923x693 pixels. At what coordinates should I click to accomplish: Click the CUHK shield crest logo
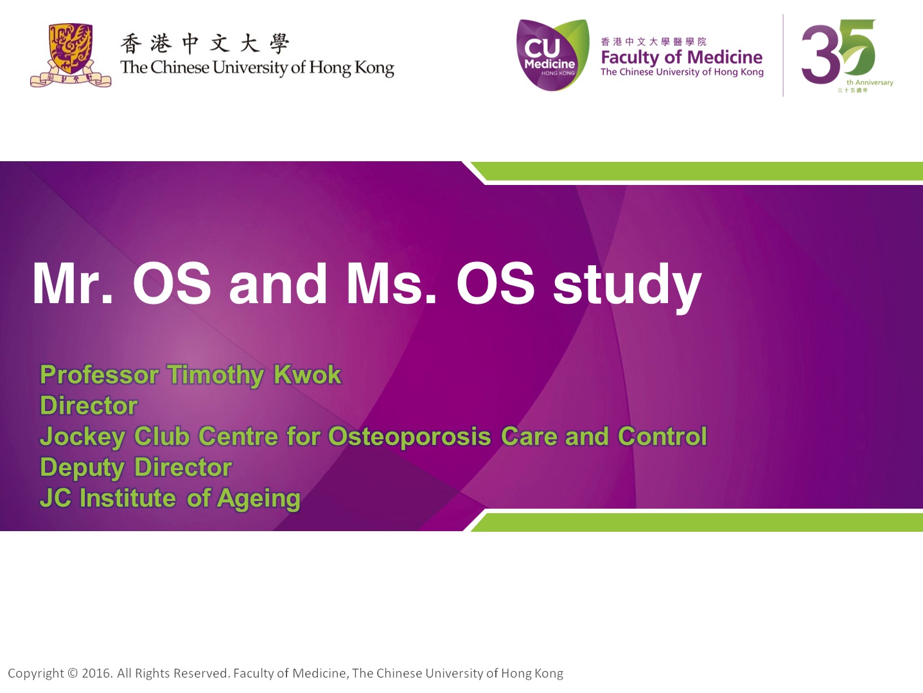pyautogui.click(x=71, y=55)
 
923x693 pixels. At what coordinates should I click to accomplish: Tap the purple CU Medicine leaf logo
pyautogui.click(x=552, y=55)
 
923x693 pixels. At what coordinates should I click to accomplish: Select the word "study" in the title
pyautogui.click(x=627, y=286)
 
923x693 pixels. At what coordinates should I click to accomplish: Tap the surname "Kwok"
pyautogui.click(x=308, y=374)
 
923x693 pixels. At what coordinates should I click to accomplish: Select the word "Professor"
pyautogui.click(x=100, y=374)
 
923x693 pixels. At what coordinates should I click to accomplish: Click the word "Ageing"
pyautogui.click(x=259, y=500)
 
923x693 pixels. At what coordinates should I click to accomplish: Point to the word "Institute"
pyautogui.click(x=128, y=498)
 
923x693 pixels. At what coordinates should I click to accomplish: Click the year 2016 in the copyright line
pyautogui.click(x=97, y=673)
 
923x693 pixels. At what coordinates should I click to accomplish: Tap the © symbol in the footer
pyautogui.click(x=73, y=673)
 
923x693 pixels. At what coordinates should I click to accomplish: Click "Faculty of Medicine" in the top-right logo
pyautogui.click(x=681, y=57)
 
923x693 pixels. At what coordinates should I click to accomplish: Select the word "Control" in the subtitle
pyautogui.click(x=662, y=436)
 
